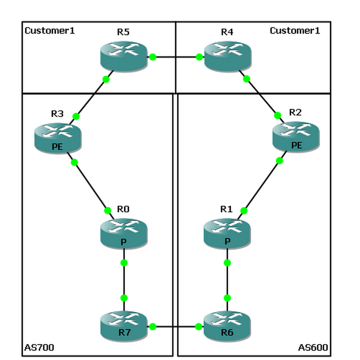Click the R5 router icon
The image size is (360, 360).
pos(124,56)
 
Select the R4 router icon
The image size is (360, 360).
pos(227,56)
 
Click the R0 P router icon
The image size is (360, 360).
pos(124,233)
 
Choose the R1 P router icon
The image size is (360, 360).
pos(227,233)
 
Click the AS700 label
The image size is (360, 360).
pos(39,347)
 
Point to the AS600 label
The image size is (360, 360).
pos(313,347)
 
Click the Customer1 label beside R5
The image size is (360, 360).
pos(49,31)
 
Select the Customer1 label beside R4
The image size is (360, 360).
pos(295,31)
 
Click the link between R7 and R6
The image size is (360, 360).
pos(175,327)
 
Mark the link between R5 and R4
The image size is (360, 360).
pos(175,57)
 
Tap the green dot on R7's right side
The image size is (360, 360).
pos(153,327)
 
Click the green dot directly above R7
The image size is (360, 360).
pos(124,298)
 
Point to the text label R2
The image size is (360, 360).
pos(295,112)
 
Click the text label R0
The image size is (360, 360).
pos(123,209)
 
